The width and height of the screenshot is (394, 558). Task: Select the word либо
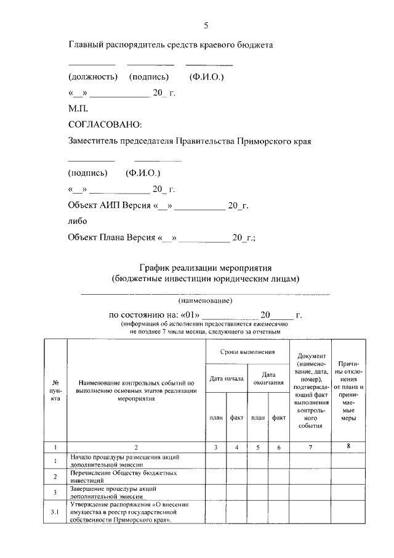pyautogui.click(x=78, y=220)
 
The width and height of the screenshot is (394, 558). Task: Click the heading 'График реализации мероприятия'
pyautogui.click(x=206, y=268)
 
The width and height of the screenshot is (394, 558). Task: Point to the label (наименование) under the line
pyautogui.click(x=206, y=301)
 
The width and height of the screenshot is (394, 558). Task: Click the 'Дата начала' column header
pyautogui.click(x=226, y=378)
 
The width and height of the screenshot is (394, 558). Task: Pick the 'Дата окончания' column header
pyautogui.click(x=268, y=378)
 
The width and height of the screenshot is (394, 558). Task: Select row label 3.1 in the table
pyautogui.click(x=55, y=512)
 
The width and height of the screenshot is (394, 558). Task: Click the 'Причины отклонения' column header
pyautogui.click(x=348, y=390)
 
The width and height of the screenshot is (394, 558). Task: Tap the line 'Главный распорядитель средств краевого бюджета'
pyautogui.click(x=170, y=45)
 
